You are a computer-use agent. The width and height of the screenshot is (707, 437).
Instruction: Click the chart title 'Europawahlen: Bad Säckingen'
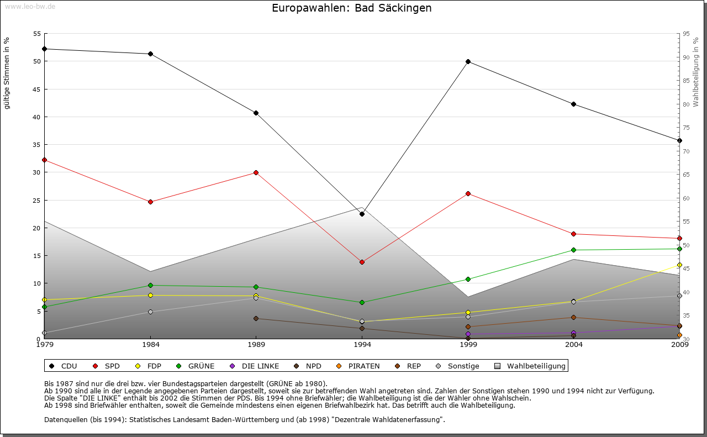[x=352, y=8]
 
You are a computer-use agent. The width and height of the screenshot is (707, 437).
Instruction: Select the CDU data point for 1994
[x=362, y=214]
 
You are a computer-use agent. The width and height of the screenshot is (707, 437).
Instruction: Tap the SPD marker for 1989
[x=256, y=172]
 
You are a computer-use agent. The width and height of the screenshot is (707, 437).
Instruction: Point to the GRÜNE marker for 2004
[x=574, y=250]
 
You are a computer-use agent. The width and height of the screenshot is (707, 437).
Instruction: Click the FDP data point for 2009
[x=679, y=265]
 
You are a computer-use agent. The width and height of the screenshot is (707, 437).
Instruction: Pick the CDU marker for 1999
[x=468, y=61]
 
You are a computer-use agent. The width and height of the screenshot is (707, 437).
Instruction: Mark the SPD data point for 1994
[x=362, y=262]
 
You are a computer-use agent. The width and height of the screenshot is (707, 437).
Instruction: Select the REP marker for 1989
[x=256, y=318]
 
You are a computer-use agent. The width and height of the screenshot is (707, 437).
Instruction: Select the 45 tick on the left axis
[x=37, y=89]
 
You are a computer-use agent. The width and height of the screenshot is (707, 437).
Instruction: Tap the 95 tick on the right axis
[x=686, y=34]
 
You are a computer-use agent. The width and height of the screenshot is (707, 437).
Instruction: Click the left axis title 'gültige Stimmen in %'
[x=7, y=73]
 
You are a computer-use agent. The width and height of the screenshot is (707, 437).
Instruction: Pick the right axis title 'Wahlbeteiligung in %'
[x=696, y=72]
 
